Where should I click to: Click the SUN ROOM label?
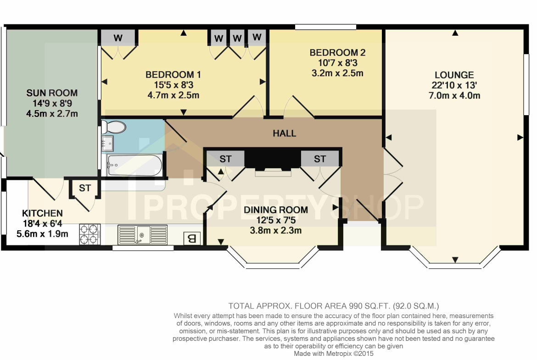(x=52, y=93)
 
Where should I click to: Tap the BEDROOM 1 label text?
(x=173, y=75)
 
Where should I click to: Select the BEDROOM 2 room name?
(x=337, y=53)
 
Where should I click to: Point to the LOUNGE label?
(x=454, y=75)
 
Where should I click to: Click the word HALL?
(x=284, y=133)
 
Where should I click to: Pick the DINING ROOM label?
(x=276, y=210)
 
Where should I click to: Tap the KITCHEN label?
(x=43, y=213)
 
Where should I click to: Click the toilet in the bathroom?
(x=113, y=127)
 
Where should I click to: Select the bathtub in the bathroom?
(x=134, y=166)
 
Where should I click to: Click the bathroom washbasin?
(x=107, y=144)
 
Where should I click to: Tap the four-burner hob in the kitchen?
(x=89, y=234)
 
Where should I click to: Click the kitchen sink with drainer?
(x=142, y=234)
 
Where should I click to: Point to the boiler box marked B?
(x=192, y=238)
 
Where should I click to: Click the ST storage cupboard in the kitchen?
(x=85, y=188)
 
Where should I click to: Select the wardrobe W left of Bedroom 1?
(x=118, y=38)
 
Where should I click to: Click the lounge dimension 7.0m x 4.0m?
(x=454, y=95)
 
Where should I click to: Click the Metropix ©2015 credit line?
(x=334, y=354)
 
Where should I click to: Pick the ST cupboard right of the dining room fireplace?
(x=320, y=159)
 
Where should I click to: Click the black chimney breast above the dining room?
(x=273, y=159)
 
